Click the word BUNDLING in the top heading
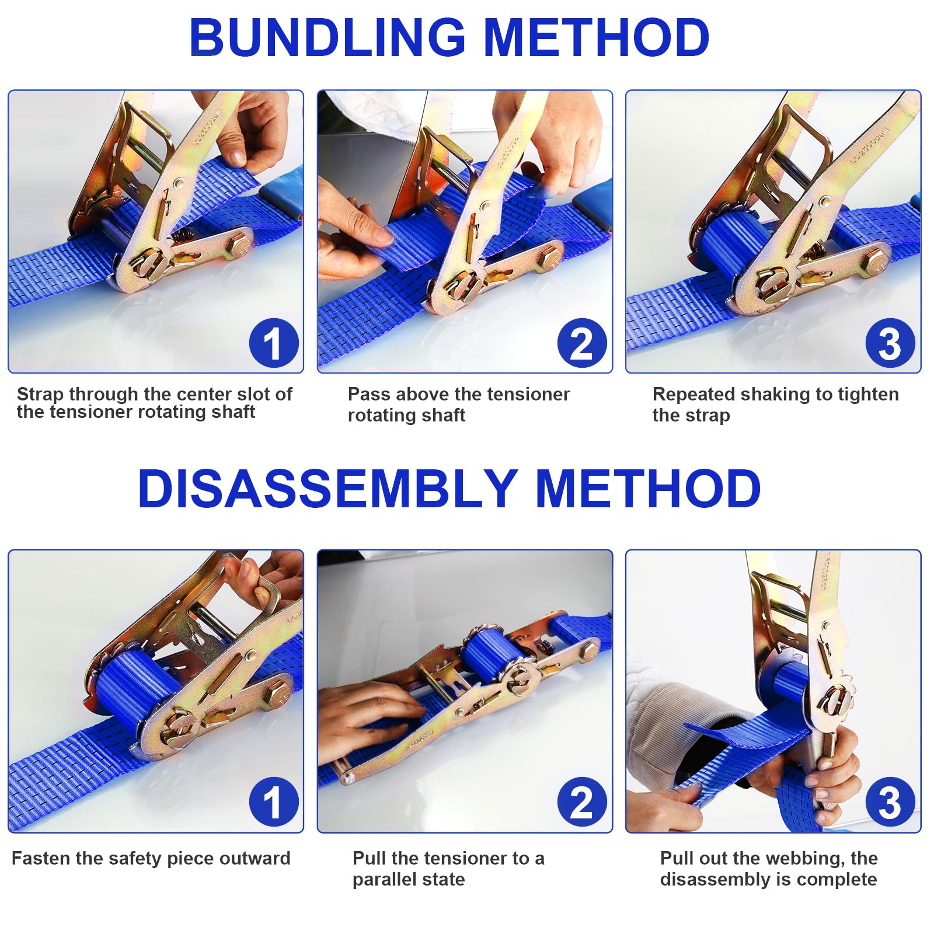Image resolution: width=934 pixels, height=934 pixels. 327,37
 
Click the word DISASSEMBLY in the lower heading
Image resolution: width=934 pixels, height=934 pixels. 327,489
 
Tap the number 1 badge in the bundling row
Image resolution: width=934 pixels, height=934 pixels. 274,343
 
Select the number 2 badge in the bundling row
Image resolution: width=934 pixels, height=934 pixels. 582,343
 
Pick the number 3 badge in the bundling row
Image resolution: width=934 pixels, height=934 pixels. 890,343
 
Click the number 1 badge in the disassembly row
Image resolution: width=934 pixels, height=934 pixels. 274,802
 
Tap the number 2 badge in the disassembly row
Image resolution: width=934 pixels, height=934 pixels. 582,802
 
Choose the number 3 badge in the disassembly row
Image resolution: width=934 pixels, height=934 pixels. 890,802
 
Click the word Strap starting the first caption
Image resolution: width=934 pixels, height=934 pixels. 40,395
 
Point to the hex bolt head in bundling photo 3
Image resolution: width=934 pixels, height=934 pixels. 875,262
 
